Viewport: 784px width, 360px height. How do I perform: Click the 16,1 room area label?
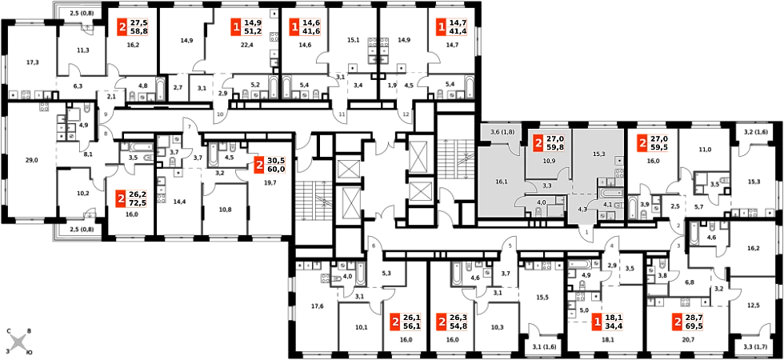tap(502, 182)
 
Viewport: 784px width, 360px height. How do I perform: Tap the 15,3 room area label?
tap(598, 154)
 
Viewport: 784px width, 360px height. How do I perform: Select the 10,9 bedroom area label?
tap(549, 162)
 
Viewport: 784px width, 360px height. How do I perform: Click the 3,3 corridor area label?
tap(547, 185)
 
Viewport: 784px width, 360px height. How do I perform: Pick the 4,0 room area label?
tap(541, 202)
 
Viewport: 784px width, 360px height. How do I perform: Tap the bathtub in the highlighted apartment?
tap(610, 193)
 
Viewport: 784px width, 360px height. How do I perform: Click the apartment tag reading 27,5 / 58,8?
tap(134, 27)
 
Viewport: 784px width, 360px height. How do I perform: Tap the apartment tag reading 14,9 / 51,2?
tap(247, 27)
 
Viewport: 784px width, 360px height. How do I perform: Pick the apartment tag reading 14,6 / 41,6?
tap(306, 27)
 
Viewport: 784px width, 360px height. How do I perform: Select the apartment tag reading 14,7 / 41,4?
tap(453, 27)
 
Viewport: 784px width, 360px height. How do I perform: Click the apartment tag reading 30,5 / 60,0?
tap(270, 166)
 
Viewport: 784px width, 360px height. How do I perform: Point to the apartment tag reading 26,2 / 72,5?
tap(133, 198)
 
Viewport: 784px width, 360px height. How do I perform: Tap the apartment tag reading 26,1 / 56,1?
tap(406, 322)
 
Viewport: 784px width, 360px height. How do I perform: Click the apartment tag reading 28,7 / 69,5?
tap(689, 322)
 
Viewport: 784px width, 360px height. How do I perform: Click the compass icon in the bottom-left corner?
tap(18, 342)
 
